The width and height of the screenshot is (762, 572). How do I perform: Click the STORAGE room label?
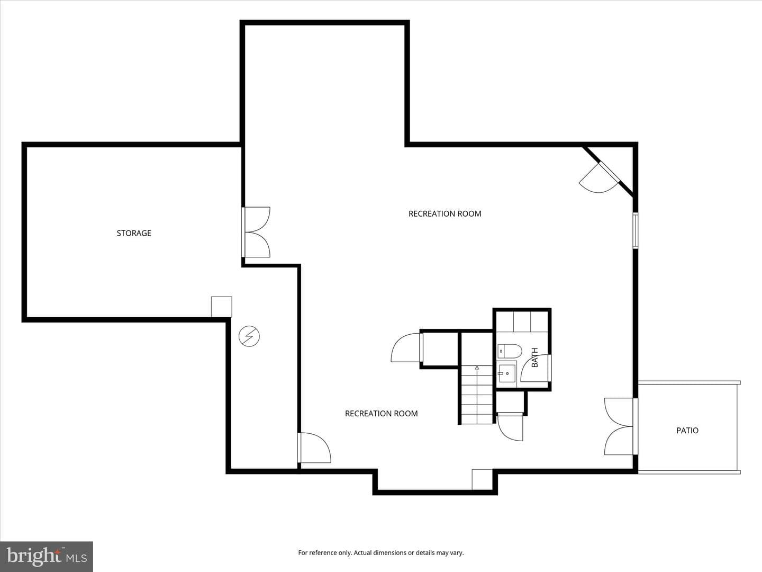134,233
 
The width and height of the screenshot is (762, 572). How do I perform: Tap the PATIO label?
687,430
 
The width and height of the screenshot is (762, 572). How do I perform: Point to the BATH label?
534,358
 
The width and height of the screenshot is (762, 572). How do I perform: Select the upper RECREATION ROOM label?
444,213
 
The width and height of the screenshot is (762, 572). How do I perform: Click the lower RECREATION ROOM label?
381,413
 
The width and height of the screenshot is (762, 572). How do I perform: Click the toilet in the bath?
510,351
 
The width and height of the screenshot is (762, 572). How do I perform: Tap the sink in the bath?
507,373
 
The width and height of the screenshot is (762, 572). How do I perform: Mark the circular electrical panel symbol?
249,336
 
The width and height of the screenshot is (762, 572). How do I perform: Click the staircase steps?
477,395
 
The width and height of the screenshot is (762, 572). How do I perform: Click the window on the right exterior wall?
636,230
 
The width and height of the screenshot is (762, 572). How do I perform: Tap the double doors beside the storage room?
256,233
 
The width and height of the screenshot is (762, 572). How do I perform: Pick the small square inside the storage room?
222,307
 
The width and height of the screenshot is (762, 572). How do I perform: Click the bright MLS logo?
47,557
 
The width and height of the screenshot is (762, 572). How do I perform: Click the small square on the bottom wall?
482,480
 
